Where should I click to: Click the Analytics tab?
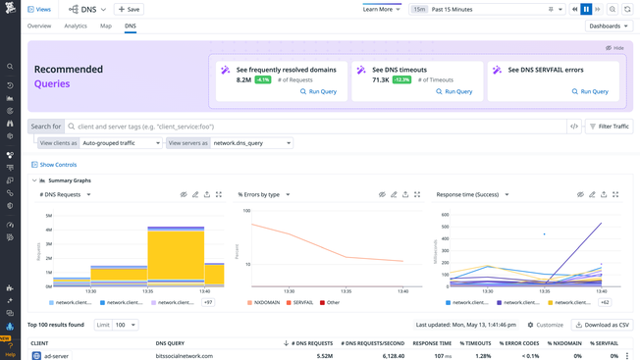(76, 26)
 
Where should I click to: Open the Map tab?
(106, 26)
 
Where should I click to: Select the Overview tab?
(39, 26)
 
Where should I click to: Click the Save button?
(129, 9)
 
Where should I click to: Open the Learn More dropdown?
(381, 9)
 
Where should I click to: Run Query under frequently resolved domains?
(318, 91)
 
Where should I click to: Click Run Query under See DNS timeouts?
(453, 91)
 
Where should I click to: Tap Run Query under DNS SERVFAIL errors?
(589, 91)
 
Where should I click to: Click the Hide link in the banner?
(615, 47)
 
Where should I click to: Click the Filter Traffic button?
(610, 127)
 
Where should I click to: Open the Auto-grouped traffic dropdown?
(121, 143)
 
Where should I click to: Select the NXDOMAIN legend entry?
(264, 303)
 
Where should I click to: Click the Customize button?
(546, 325)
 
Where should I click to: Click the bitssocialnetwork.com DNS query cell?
(184, 356)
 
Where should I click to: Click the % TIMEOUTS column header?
(476, 343)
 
